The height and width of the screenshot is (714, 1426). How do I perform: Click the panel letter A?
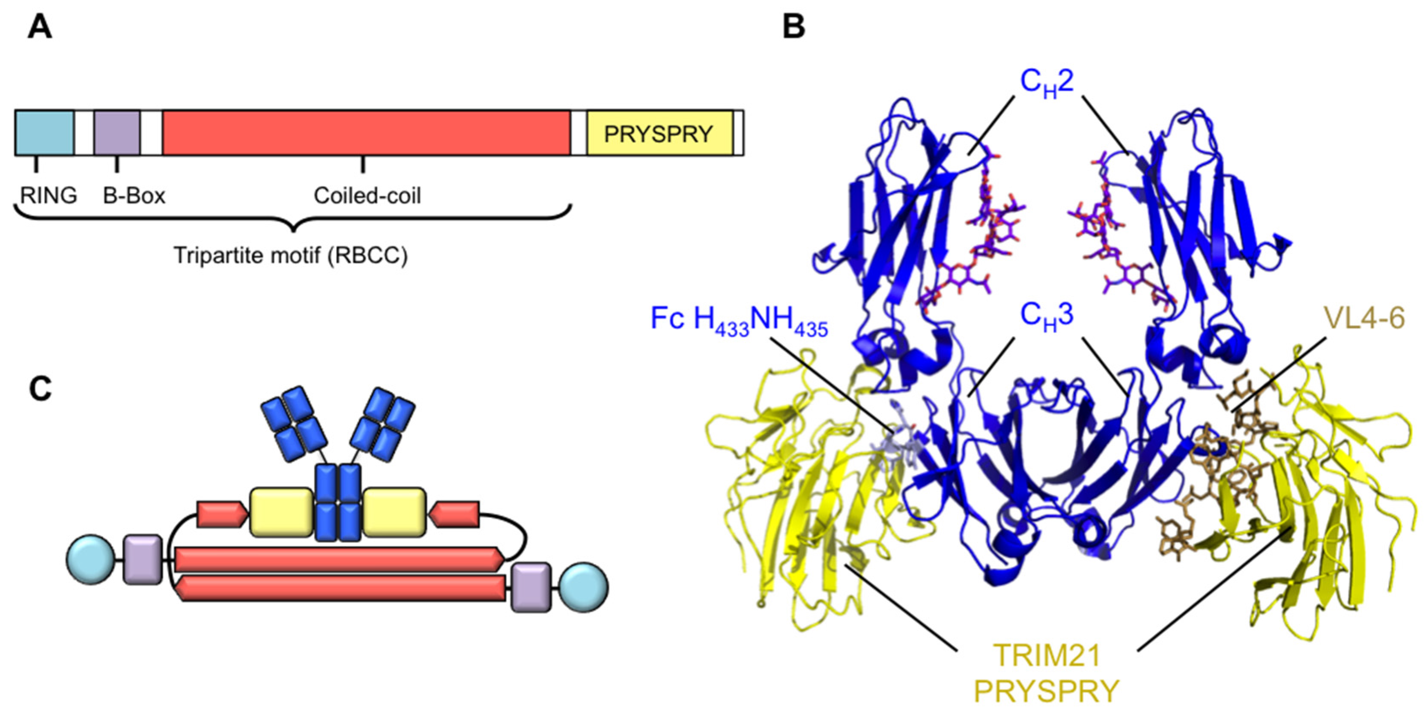40,27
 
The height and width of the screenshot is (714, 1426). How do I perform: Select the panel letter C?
40,388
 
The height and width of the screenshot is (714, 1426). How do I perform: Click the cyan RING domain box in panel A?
44,133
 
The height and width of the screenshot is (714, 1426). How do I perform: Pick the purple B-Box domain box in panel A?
117,133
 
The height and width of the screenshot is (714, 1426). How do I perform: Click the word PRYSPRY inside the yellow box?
658,134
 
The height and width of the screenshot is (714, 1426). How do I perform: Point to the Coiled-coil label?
367,195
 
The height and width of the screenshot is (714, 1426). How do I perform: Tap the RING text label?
49,195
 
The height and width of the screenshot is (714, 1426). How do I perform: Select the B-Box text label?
134,195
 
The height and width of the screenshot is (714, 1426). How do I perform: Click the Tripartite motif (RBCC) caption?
291,255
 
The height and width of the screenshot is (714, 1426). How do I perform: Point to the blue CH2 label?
1047,83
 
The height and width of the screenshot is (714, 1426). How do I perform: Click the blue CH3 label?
1047,316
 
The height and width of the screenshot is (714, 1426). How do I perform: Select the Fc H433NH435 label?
739,321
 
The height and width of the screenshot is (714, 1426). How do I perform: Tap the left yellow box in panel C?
281,512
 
